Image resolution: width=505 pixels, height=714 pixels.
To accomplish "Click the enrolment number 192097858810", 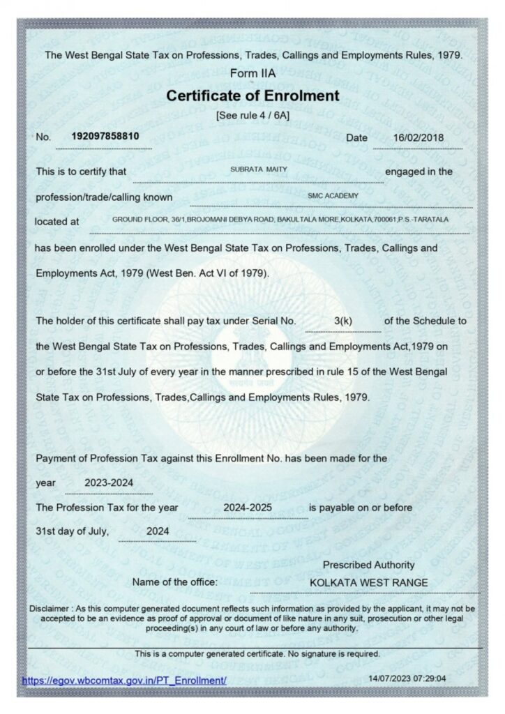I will point(105,137).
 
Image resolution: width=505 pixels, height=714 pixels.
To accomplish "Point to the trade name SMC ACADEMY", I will point(333,196).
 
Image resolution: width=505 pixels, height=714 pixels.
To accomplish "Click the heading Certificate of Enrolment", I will point(252,96).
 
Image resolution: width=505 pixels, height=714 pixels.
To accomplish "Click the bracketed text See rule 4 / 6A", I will point(252,114).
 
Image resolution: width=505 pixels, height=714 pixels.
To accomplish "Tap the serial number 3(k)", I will point(345,321).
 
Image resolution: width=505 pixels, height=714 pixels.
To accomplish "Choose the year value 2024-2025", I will point(248,508).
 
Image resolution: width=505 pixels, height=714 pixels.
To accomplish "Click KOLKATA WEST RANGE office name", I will point(369,582).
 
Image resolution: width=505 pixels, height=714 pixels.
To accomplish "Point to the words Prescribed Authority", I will point(368,565).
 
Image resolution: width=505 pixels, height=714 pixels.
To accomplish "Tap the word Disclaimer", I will point(50,609).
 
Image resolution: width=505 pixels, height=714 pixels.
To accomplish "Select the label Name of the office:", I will point(175,582).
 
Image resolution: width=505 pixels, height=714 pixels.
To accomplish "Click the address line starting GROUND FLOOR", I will point(280,220).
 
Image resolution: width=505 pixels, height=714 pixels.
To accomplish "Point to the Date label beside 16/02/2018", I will point(356,137).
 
